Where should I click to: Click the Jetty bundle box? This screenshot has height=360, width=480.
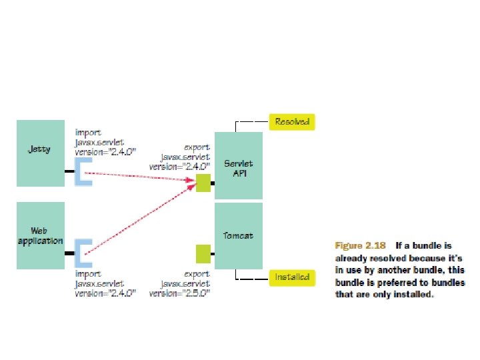click(x=39, y=153)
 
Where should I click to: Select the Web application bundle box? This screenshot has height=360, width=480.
click(x=39, y=236)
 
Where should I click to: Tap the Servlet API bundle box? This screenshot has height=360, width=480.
click(x=239, y=167)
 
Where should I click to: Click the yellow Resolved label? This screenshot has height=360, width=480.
click(x=291, y=122)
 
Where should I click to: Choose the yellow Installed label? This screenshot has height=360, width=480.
click(x=291, y=277)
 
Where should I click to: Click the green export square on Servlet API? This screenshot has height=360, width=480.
click(x=203, y=183)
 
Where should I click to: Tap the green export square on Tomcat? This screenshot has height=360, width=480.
click(x=203, y=253)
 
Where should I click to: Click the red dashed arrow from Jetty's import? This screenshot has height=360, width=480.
click(x=140, y=175)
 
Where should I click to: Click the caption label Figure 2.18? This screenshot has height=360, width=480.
click(x=360, y=245)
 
